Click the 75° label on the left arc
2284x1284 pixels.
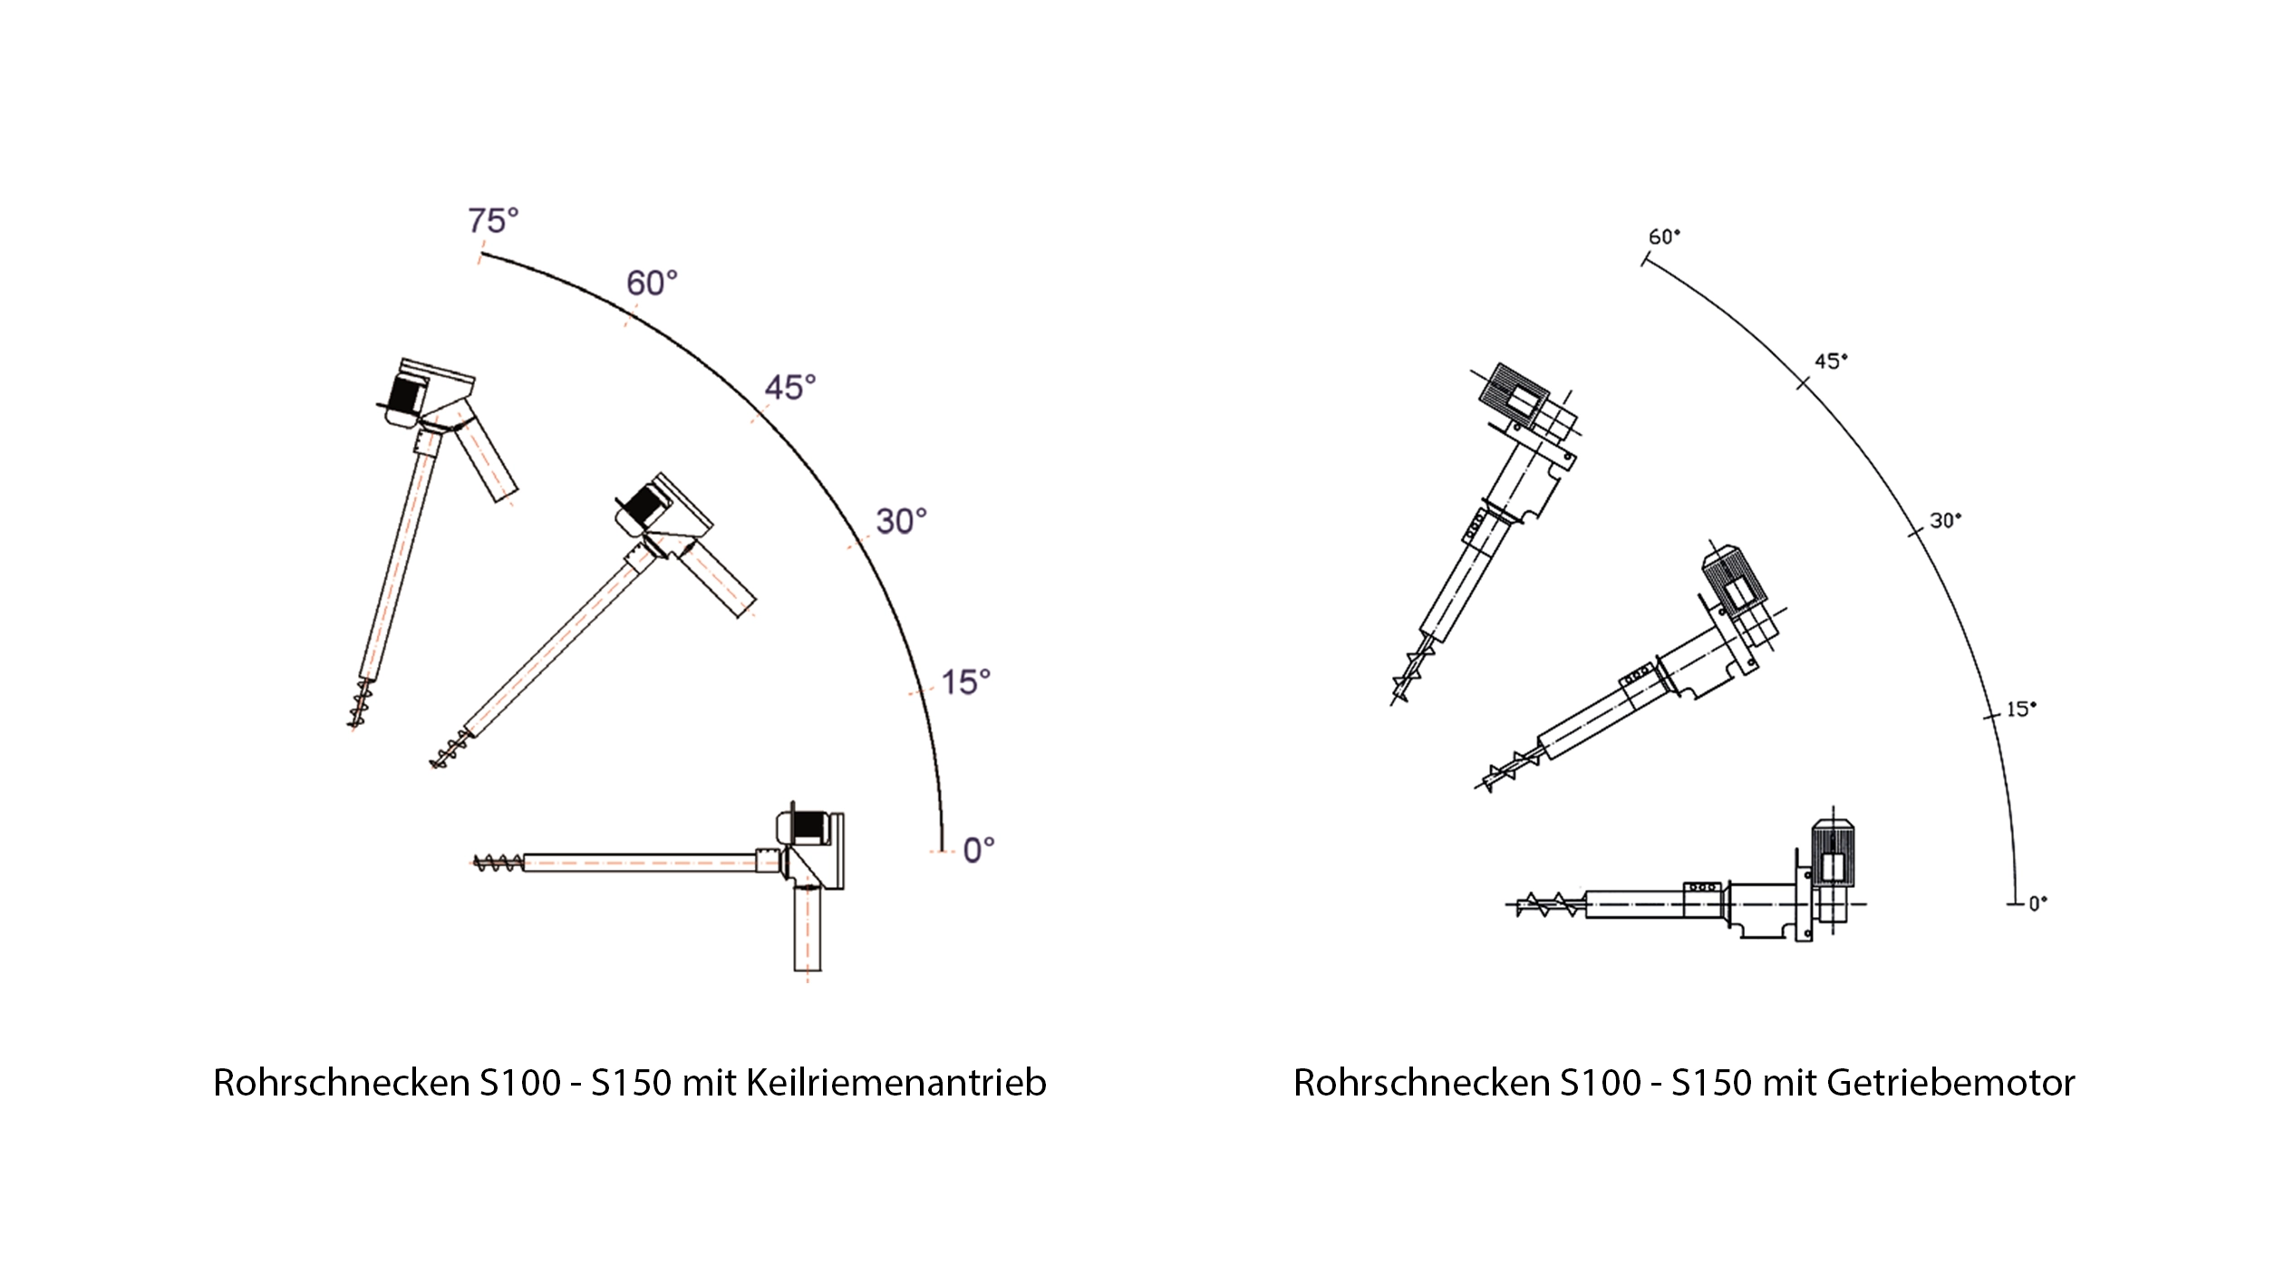(x=493, y=220)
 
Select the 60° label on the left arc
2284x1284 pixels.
(x=652, y=284)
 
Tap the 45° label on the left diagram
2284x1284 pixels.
(x=790, y=388)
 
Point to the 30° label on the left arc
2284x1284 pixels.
(x=901, y=521)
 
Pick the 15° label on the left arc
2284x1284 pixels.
(x=965, y=681)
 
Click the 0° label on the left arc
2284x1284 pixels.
(x=979, y=850)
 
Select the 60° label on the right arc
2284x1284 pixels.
(x=1664, y=237)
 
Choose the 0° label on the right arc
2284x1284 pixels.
(x=2037, y=903)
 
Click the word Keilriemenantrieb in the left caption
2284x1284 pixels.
(x=895, y=1084)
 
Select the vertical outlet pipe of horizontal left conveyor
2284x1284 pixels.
(x=807, y=941)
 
